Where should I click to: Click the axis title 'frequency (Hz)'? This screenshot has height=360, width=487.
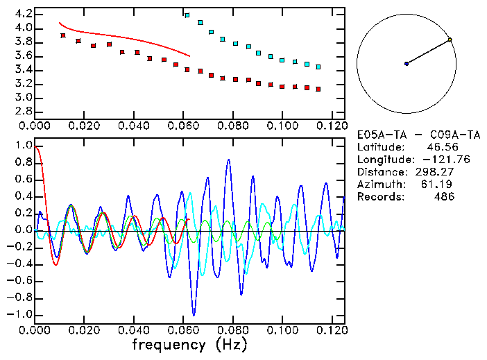click(x=189, y=344)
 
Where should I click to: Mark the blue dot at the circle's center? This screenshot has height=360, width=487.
click(x=407, y=64)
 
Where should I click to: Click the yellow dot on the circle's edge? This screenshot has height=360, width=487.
click(x=450, y=40)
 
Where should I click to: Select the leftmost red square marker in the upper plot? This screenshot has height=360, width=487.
click(x=63, y=35)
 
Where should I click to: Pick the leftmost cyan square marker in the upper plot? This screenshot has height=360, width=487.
click(x=187, y=15)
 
